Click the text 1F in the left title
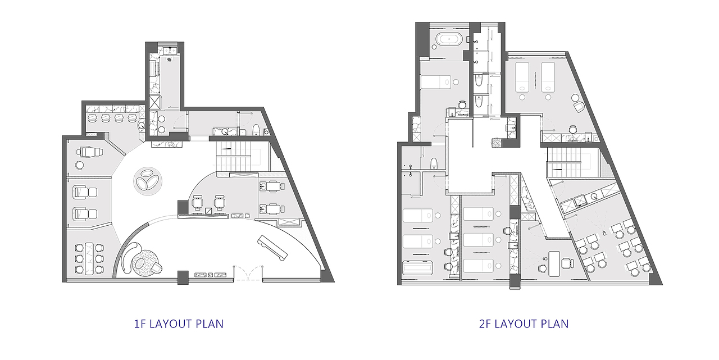[x=140, y=323]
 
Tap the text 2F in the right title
[x=485, y=323]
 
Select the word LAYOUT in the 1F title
[x=171, y=323]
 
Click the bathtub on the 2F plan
[x=449, y=39]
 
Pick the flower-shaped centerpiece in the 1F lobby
[x=148, y=181]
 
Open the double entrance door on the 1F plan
[x=248, y=273]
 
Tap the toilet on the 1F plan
[x=256, y=130]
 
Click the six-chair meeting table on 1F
[x=89, y=258]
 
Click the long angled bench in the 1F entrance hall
[x=272, y=248]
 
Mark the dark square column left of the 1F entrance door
[x=183, y=277]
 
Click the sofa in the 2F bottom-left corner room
[x=417, y=268]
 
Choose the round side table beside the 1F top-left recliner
[x=80, y=165]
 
